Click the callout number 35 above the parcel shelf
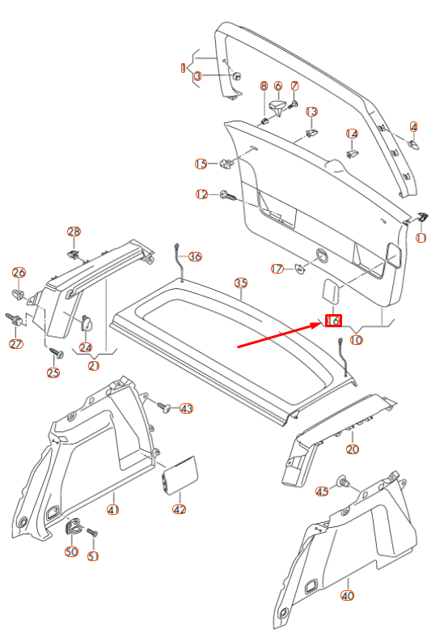click(240, 283)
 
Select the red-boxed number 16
click(333, 321)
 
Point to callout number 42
click(180, 509)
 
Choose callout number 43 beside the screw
click(187, 408)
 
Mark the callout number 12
click(202, 194)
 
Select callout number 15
click(201, 164)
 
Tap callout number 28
click(74, 232)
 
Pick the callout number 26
click(19, 273)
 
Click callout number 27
click(16, 344)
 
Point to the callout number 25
click(53, 372)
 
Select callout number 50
click(71, 551)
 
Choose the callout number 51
click(92, 555)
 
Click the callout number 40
click(348, 596)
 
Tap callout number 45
click(322, 491)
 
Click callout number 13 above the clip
click(311, 112)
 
